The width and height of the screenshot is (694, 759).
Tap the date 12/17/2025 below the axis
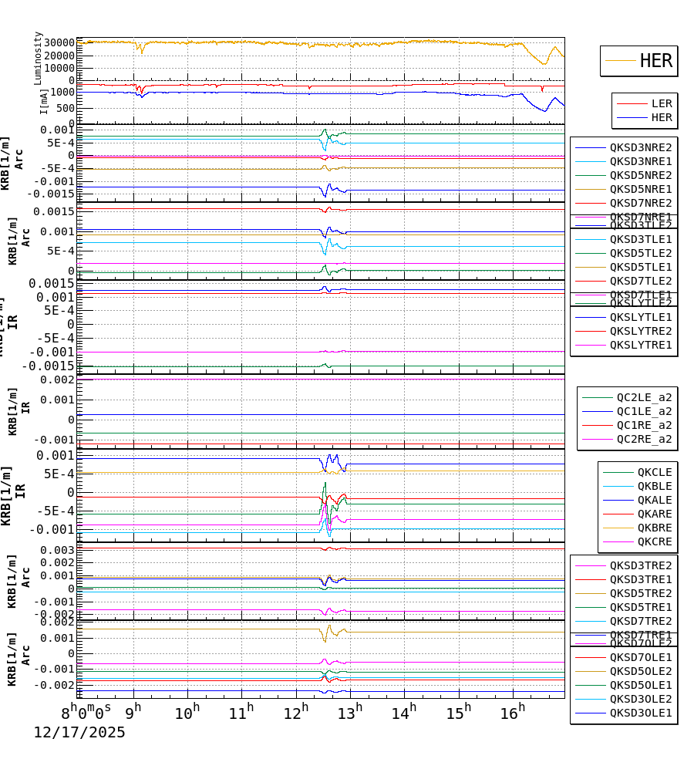coord(79,733)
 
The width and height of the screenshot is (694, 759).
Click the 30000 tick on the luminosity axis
coord(55,42)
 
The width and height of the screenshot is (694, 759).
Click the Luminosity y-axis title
coord(38,58)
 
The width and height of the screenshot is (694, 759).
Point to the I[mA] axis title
coord(44,101)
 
